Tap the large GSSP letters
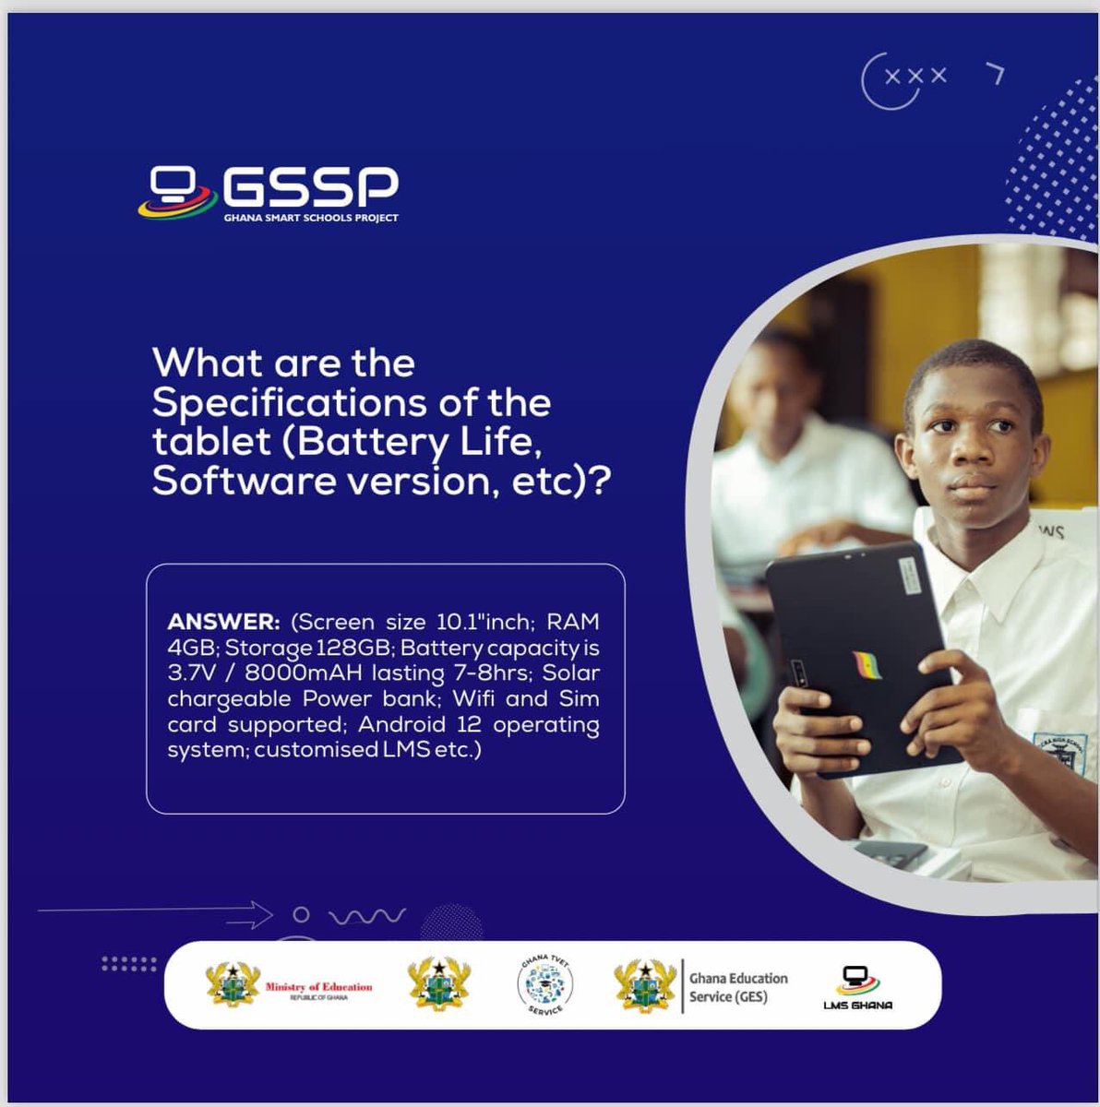pos(310,187)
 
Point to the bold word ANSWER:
pos(222,622)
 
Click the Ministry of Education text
pos(318,987)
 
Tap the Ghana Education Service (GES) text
pos(737,986)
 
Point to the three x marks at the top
pos(915,77)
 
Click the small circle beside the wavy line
pos(300,915)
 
